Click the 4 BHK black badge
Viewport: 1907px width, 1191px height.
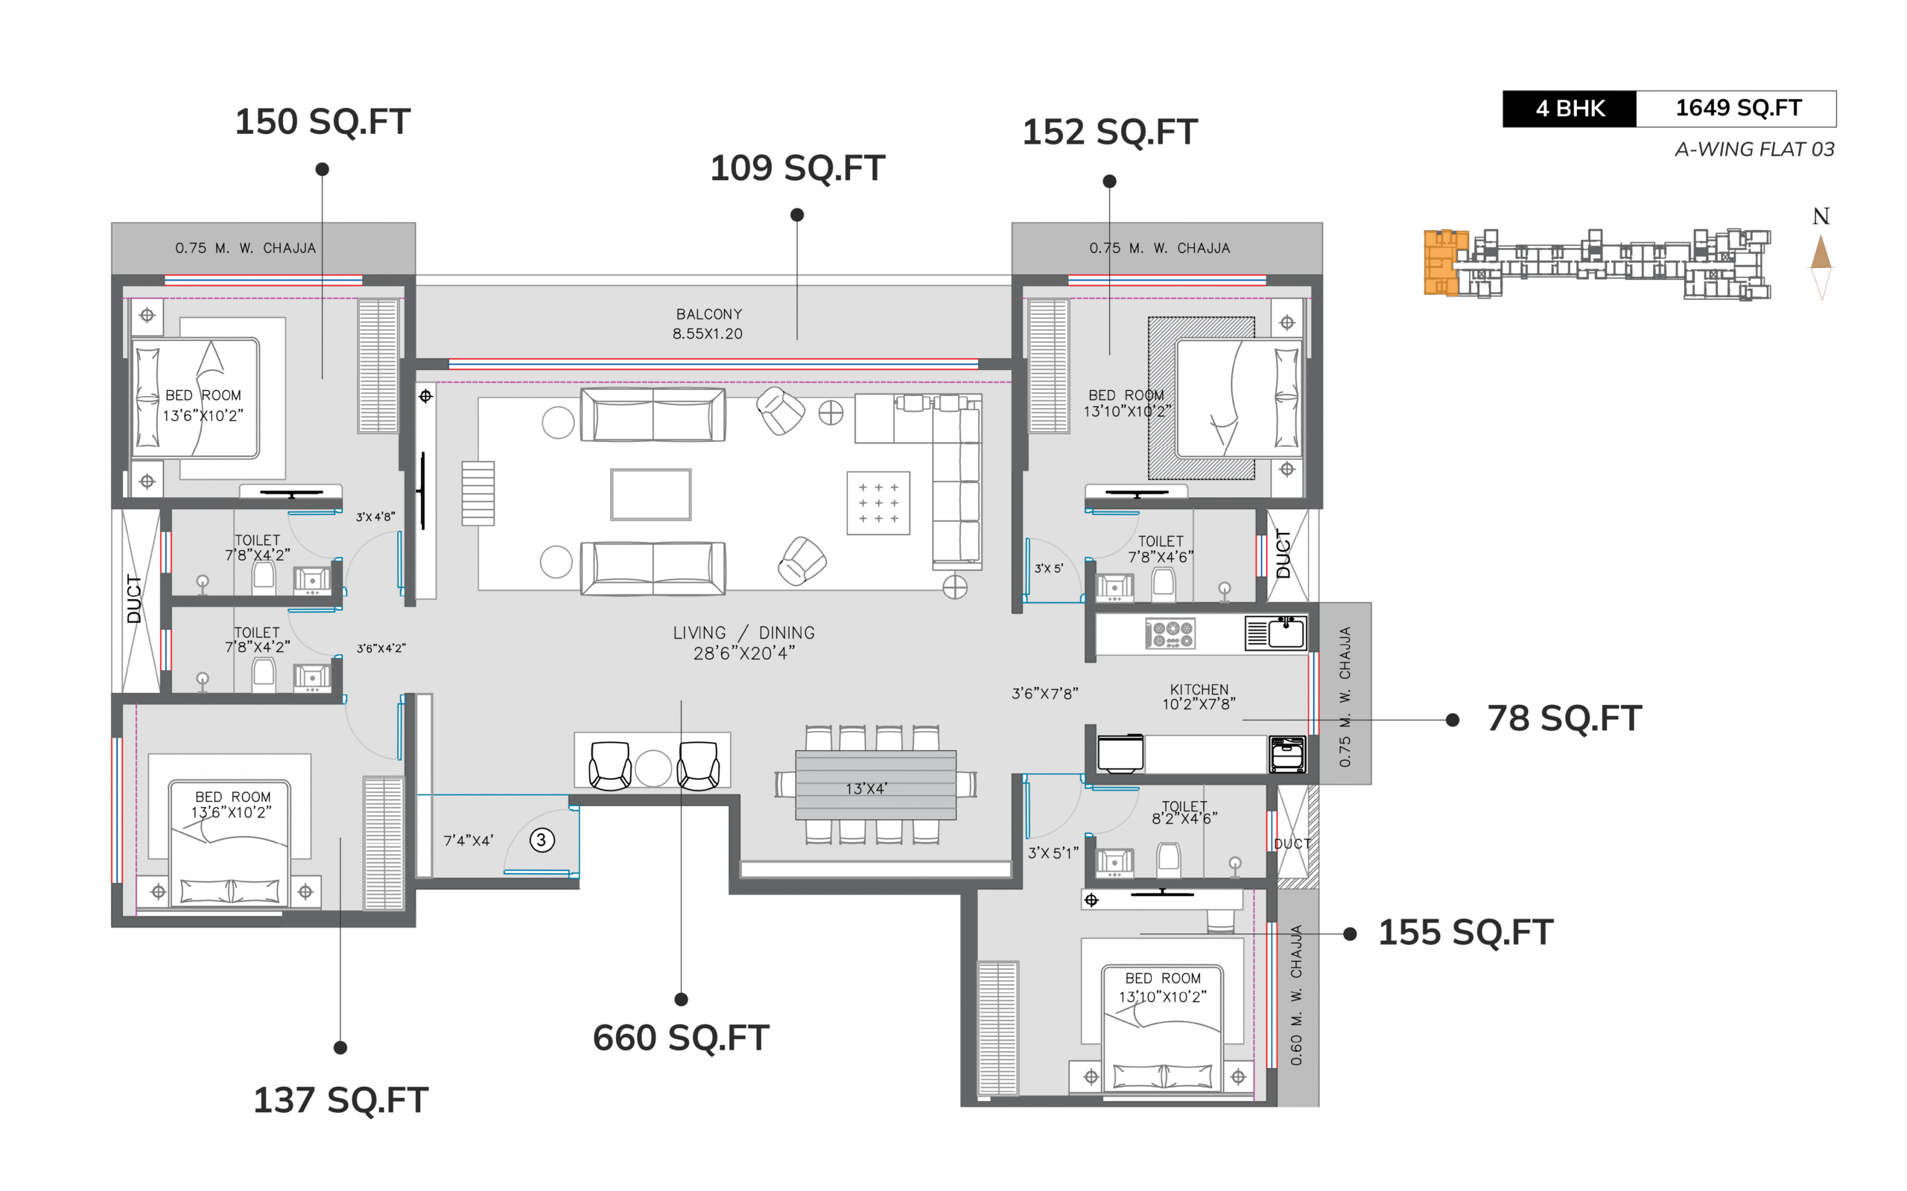click(x=1569, y=109)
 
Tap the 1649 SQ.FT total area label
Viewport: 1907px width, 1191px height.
click(x=1738, y=108)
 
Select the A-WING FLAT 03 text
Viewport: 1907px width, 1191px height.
click(x=1754, y=149)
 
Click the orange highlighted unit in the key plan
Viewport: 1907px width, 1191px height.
click(x=1444, y=262)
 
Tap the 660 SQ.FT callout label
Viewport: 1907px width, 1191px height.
click(x=681, y=1038)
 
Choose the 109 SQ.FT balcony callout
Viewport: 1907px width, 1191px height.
click(x=798, y=167)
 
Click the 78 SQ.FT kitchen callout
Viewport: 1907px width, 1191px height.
click(x=1564, y=718)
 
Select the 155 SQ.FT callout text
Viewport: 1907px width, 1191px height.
click(x=1466, y=933)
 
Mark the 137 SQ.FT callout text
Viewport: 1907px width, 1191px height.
click(x=340, y=1100)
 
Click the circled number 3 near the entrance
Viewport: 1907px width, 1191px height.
click(x=542, y=840)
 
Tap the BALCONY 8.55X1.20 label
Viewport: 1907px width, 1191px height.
click(x=708, y=324)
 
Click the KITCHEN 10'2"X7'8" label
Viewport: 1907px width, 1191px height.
click(x=1199, y=696)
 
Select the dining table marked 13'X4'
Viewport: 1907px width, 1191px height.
click(x=875, y=785)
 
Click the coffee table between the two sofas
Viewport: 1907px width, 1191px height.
click(x=651, y=495)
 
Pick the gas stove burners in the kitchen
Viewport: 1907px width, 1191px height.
click(x=1170, y=634)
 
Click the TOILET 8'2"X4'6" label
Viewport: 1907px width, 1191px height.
click(x=1184, y=812)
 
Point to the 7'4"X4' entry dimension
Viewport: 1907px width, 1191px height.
click(x=468, y=840)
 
